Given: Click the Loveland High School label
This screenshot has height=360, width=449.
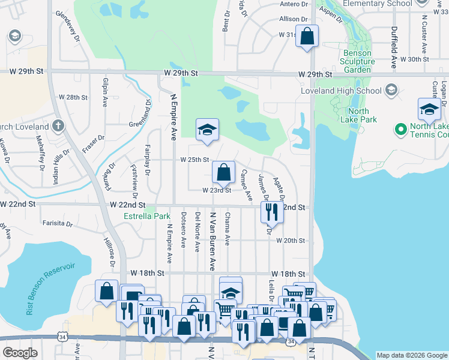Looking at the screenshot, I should (x=347, y=91).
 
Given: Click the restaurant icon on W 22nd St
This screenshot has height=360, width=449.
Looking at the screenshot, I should (x=271, y=211).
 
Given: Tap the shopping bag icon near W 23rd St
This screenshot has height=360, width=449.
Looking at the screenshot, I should (x=223, y=173).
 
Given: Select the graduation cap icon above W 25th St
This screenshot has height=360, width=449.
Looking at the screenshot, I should (x=207, y=130).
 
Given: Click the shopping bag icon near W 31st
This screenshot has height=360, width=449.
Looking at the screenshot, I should (x=307, y=36).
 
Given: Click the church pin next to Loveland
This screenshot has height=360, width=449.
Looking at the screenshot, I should (x=58, y=126).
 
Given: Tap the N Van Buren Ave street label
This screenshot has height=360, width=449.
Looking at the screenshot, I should (x=212, y=240).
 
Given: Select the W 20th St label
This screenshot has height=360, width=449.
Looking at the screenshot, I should (x=291, y=241).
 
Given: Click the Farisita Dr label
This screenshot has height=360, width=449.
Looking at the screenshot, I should (x=58, y=224).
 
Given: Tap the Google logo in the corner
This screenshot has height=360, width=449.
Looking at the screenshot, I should (x=20, y=353).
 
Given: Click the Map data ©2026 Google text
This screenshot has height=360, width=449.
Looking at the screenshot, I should (x=411, y=355).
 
